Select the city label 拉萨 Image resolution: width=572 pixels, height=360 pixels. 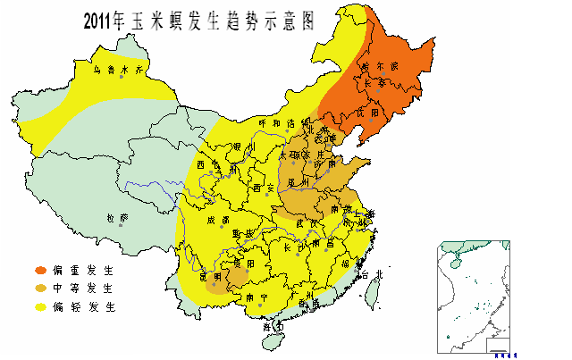pos(117,217)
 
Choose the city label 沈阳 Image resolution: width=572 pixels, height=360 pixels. pos(369,113)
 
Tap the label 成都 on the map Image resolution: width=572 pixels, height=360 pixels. pos(219,220)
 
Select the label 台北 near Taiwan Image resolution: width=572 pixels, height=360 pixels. pos(375,274)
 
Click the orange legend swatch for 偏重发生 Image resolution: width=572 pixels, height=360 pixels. pos(40,270)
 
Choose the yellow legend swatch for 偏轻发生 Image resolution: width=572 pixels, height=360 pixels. pos(40,307)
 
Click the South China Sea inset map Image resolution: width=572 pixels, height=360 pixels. pos(471,295)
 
